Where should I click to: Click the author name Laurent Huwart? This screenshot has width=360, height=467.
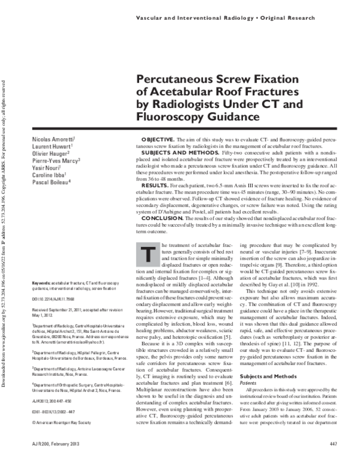[x=50, y=147]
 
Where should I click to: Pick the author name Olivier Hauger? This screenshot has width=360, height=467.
[x=49, y=154]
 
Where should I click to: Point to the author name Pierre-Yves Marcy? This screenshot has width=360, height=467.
[x=56, y=161]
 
